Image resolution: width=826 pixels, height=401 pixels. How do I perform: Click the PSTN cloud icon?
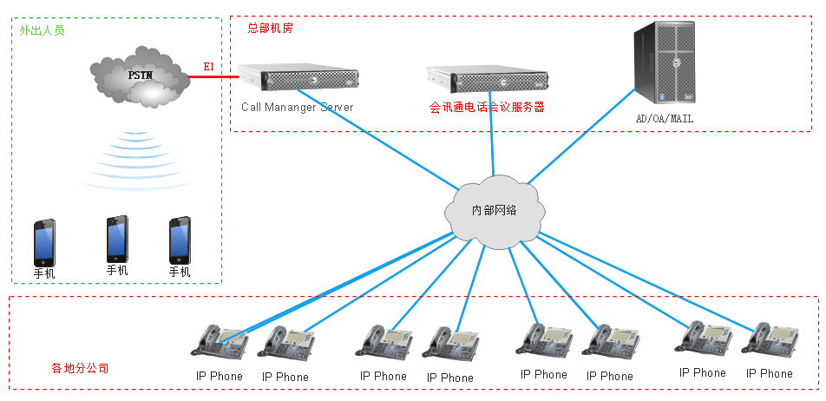(x=141, y=81)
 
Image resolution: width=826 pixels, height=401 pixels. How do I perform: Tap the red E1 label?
(x=208, y=67)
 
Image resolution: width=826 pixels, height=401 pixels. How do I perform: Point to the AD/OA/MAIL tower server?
(x=666, y=63)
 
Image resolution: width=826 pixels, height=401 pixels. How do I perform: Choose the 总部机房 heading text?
(x=270, y=28)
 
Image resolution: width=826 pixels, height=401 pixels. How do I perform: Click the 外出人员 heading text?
(x=42, y=30)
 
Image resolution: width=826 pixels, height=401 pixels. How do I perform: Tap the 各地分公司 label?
(x=80, y=368)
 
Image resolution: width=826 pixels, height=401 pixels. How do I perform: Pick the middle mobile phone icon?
(x=117, y=239)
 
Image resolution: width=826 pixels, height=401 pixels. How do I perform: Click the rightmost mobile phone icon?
(x=180, y=240)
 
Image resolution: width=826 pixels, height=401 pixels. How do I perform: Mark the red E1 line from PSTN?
(x=213, y=77)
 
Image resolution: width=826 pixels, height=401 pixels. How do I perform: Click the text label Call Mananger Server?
(x=298, y=108)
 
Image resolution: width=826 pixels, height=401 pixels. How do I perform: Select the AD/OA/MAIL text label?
(x=665, y=118)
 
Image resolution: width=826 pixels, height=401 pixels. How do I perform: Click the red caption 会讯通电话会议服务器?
(x=487, y=108)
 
